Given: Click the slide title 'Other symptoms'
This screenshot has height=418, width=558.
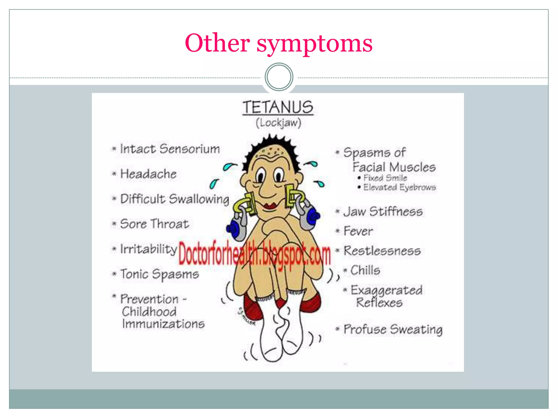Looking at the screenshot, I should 278,44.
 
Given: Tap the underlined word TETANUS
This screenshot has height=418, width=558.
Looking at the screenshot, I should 278,107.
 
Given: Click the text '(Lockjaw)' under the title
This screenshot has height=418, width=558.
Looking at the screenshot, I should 278,123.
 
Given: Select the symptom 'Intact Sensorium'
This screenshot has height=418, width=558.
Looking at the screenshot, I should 169,149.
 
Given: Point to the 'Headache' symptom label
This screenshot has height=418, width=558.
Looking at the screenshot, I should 148,174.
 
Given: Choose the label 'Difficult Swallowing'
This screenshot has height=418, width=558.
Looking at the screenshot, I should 175,199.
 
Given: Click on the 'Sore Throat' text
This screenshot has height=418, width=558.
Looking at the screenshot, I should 154,224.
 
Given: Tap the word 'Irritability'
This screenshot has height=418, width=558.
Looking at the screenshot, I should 148,249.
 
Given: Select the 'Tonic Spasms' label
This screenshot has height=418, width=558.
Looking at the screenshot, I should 159,274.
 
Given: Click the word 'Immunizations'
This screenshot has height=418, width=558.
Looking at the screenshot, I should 163,324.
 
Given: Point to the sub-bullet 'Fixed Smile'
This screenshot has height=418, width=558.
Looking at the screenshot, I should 385,178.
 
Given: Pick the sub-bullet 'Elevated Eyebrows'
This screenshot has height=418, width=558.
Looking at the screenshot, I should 399,187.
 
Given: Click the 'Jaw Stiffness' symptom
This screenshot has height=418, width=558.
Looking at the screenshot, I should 383,211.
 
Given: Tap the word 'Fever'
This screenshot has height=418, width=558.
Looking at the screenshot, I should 358,231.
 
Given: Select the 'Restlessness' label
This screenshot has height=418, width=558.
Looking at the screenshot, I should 382,251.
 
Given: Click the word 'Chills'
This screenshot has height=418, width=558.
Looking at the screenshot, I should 365,271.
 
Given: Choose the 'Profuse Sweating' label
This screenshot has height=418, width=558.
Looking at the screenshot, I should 393,329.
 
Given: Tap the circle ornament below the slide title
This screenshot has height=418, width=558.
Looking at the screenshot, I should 279,77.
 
